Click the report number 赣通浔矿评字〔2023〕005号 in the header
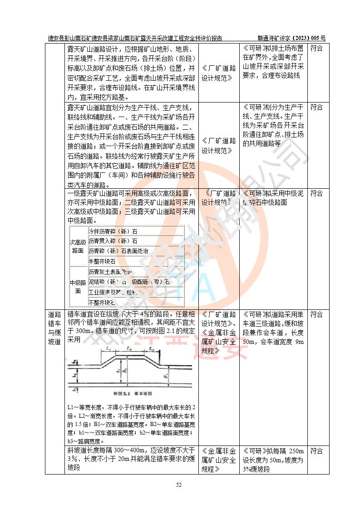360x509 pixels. coord(291,39)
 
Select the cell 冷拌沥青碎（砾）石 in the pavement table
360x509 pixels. coord(113,231)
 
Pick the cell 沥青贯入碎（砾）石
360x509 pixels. coord(113,241)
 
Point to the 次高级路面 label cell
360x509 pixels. coord(78,246)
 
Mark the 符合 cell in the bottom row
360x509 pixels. coord(316,451)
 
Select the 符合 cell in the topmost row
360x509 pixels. coord(316,49)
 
